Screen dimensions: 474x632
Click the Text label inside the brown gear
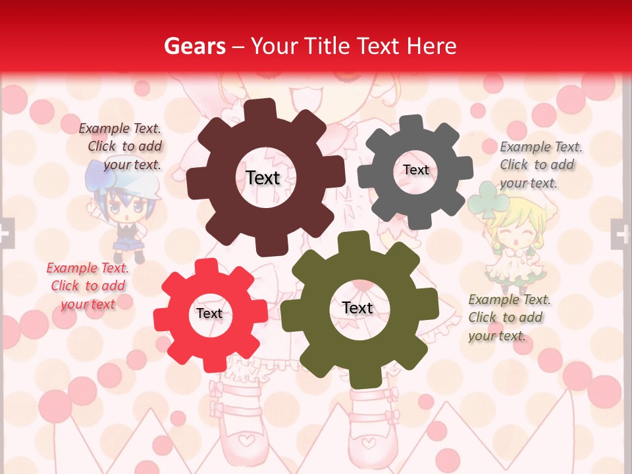tap(263, 178)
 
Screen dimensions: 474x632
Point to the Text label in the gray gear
tap(415, 170)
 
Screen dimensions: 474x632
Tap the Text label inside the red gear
tap(209, 313)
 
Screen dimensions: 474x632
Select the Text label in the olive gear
tap(357, 307)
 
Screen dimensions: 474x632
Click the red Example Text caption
tap(88, 286)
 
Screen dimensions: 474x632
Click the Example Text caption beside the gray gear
tap(540, 165)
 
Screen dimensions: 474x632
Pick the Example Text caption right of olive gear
tap(509, 317)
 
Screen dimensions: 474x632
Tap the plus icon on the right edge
tap(621, 233)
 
